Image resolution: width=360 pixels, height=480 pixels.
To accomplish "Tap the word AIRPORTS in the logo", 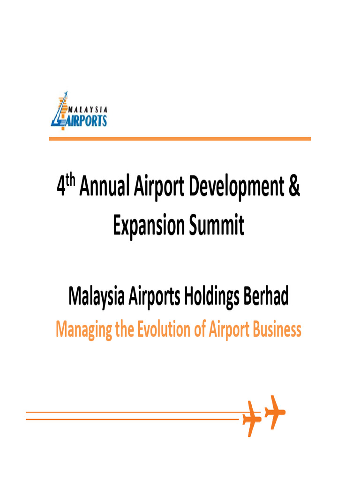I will click(85, 120).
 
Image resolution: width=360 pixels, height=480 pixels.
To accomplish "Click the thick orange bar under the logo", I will click(180, 139).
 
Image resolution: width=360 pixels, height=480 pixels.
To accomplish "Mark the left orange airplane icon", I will click(252, 418).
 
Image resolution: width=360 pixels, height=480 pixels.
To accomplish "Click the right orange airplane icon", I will click(274, 412).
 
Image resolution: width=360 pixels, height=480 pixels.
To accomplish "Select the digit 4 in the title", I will click(61, 188).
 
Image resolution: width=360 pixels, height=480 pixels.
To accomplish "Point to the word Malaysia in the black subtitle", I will click(96, 297).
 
